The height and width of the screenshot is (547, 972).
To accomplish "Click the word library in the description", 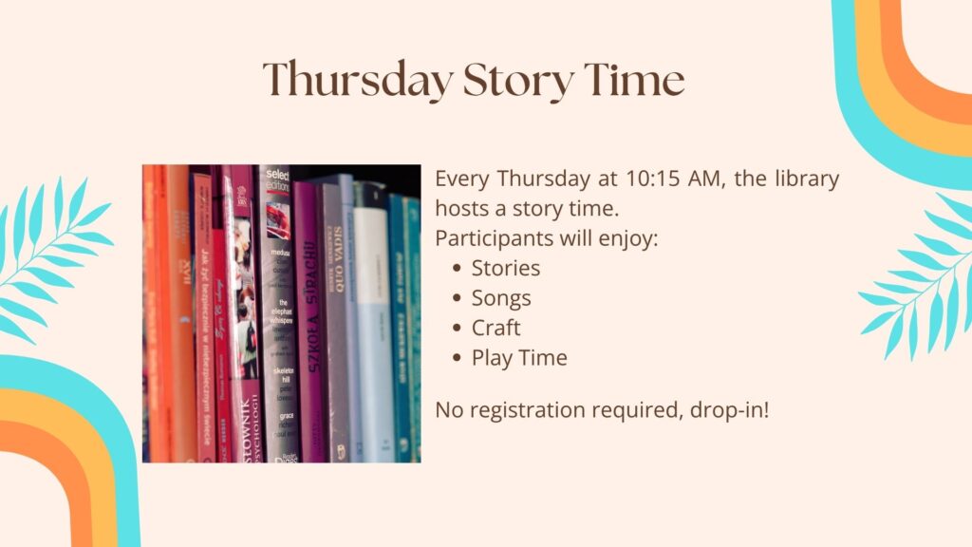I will tap(805, 179).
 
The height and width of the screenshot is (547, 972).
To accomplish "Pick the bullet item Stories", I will tap(506, 268).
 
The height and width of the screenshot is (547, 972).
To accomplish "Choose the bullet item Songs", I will tap(501, 298).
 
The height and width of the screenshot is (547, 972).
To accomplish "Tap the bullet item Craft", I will tap(496, 328).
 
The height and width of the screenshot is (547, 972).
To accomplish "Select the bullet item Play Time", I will tap(519, 358).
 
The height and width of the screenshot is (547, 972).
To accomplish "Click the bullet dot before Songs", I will tap(458, 298).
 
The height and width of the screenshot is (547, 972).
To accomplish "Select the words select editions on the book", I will tap(277, 182).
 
